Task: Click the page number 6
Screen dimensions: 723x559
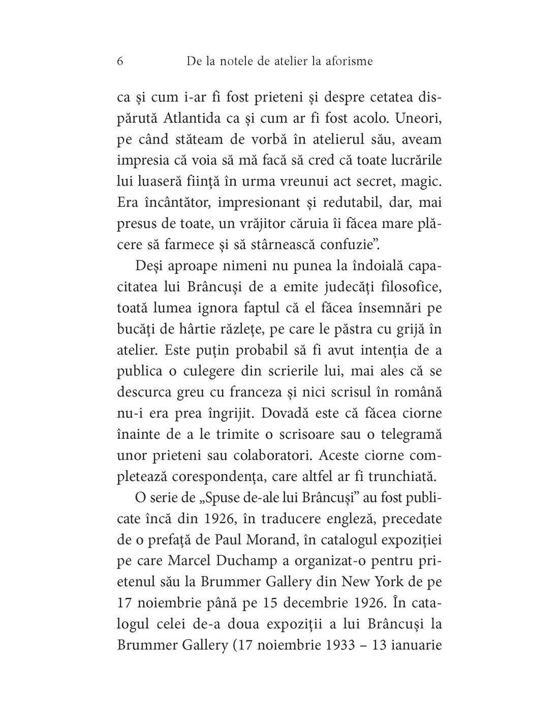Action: tap(120, 61)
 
